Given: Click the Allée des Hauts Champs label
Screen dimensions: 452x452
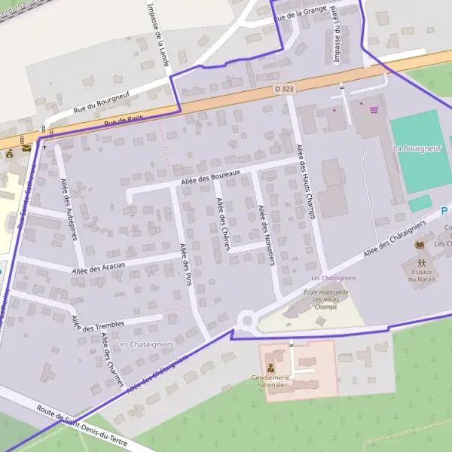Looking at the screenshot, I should coord(304,182).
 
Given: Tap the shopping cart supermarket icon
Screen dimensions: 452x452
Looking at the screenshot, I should coord(374,109).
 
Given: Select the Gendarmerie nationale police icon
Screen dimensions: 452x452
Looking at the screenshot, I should coord(270,368).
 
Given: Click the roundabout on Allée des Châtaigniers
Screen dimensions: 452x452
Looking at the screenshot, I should coord(246,322).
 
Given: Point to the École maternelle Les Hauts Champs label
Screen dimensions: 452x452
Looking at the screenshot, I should coord(325,299).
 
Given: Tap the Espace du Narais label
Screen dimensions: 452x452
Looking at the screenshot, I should coord(423,276).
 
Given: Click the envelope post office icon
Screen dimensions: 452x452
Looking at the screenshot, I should coord(27,148).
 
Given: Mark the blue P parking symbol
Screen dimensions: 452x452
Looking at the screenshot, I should coord(444,212).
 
